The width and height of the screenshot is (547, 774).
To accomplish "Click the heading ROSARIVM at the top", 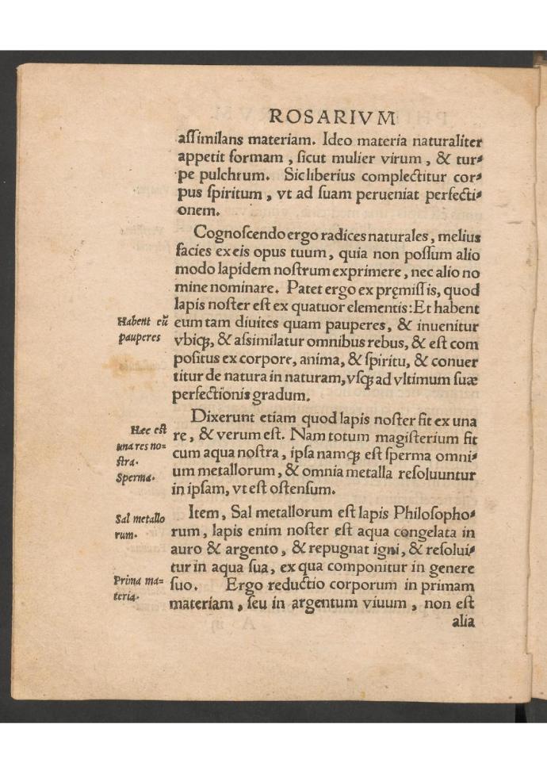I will [x=332, y=117].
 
